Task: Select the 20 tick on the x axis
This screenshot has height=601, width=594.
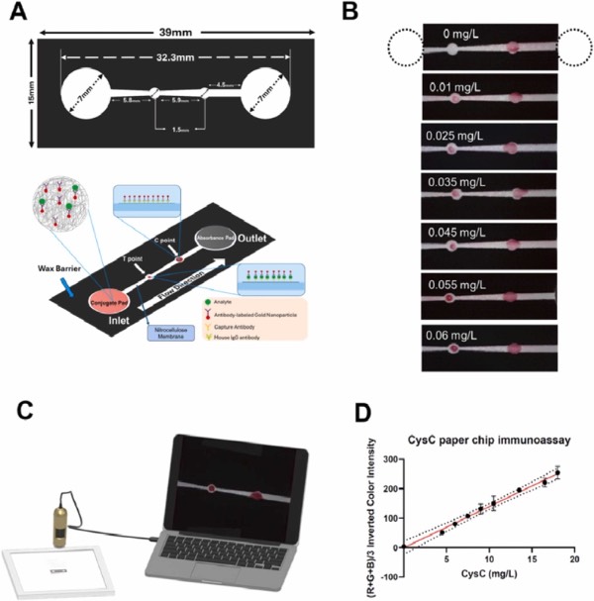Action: point(573,561)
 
